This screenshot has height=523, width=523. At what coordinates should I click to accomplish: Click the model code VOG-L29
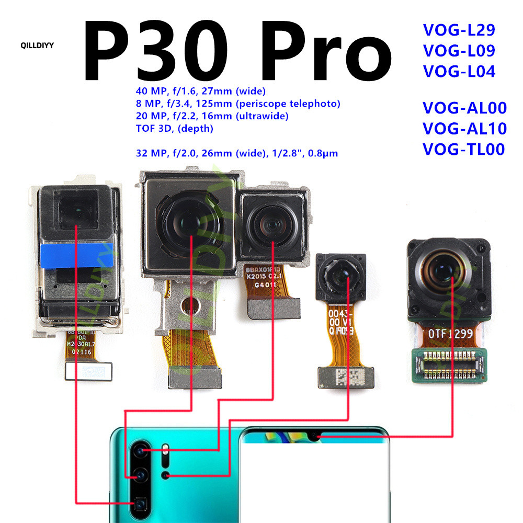click(459, 29)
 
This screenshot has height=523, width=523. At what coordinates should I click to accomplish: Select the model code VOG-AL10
click(464, 129)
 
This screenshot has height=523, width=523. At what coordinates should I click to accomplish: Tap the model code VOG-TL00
click(463, 150)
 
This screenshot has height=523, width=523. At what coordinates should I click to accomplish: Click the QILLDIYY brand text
click(37, 44)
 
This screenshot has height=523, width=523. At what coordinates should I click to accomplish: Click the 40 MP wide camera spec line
click(200, 91)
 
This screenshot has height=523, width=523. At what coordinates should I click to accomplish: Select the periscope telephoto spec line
click(237, 104)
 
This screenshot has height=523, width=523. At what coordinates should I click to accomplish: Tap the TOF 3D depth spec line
click(174, 128)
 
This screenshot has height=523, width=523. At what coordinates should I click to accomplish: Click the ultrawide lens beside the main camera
click(272, 225)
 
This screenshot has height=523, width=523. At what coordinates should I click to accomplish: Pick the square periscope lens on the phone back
click(140, 504)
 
